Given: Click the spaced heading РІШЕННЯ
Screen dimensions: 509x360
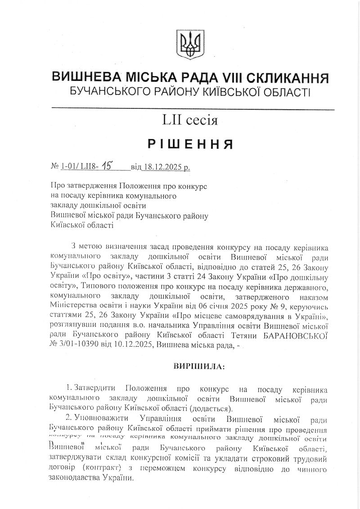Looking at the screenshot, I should (x=190, y=144).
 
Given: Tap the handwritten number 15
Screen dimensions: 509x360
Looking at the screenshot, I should (x=107, y=166).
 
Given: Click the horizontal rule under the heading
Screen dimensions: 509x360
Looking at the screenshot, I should (x=193, y=109).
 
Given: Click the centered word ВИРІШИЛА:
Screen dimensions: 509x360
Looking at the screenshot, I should (x=198, y=366).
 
